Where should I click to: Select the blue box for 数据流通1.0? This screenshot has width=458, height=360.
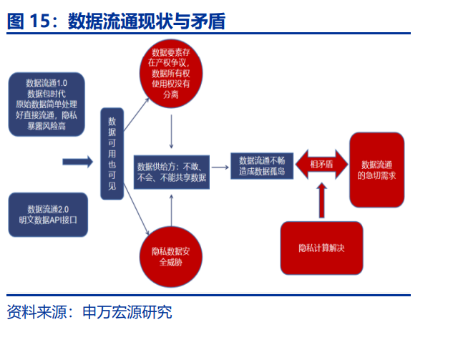tap(47, 104)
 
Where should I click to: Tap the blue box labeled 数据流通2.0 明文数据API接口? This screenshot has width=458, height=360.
tap(47, 214)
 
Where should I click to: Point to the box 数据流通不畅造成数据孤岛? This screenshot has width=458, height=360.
tap(261, 166)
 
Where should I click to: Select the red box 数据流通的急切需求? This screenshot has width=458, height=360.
tap(380, 169)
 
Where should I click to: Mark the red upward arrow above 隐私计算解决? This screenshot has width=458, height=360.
tap(321, 200)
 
